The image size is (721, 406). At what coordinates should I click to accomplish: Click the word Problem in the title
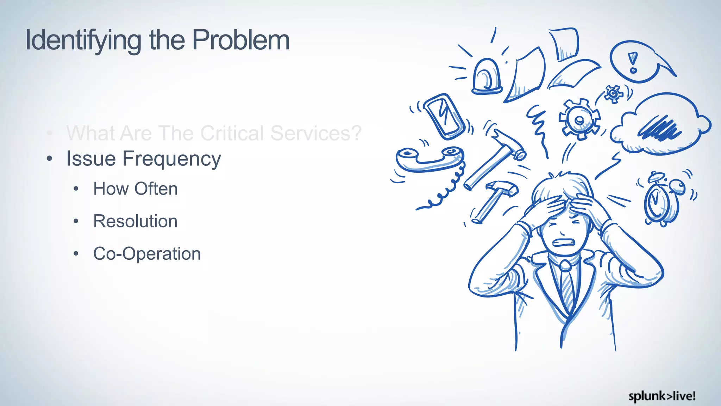tap(241, 40)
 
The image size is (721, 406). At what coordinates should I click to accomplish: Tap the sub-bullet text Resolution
tap(135, 221)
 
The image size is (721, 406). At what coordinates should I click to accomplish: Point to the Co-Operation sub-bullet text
tap(147, 254)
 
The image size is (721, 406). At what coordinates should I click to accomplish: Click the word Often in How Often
tap(156, 189)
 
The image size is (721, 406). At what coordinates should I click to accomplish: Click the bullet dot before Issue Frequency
tap(50, 159)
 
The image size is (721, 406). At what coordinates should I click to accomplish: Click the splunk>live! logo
tap(662, 396)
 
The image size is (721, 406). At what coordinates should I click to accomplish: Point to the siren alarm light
tap(487, 78)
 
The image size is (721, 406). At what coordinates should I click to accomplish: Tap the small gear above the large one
tap(613, 94)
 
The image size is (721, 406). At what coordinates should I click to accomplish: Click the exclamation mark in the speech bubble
tap(633, 62)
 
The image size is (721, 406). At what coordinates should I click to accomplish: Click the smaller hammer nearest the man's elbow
tap(495, 201)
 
